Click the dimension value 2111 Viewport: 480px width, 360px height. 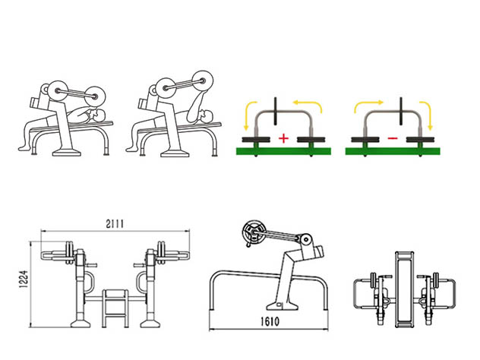click(115, 224)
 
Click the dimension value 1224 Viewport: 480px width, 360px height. click(24, 279)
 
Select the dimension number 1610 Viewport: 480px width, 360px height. click(270, 321)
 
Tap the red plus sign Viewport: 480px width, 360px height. click(284, 138)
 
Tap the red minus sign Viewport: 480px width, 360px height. click(393, 138)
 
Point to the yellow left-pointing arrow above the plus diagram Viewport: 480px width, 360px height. click(308, 106)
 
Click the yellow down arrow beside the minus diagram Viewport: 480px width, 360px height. click(426, 115)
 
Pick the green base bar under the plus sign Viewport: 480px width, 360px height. click(283, 151)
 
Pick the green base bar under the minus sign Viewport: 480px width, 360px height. click(393, 151)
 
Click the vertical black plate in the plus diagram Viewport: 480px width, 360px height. click(275, 111)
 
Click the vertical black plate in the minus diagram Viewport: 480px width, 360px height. click(401, 111)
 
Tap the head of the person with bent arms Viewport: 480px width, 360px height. click(100, 115)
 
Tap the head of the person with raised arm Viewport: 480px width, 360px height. click(207, 115)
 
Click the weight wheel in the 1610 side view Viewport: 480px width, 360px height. click(253, 232)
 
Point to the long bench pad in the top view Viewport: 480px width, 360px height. click(404, 289)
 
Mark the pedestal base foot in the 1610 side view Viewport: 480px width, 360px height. click(283, 305)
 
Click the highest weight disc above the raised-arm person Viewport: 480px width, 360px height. click(203, 81)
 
